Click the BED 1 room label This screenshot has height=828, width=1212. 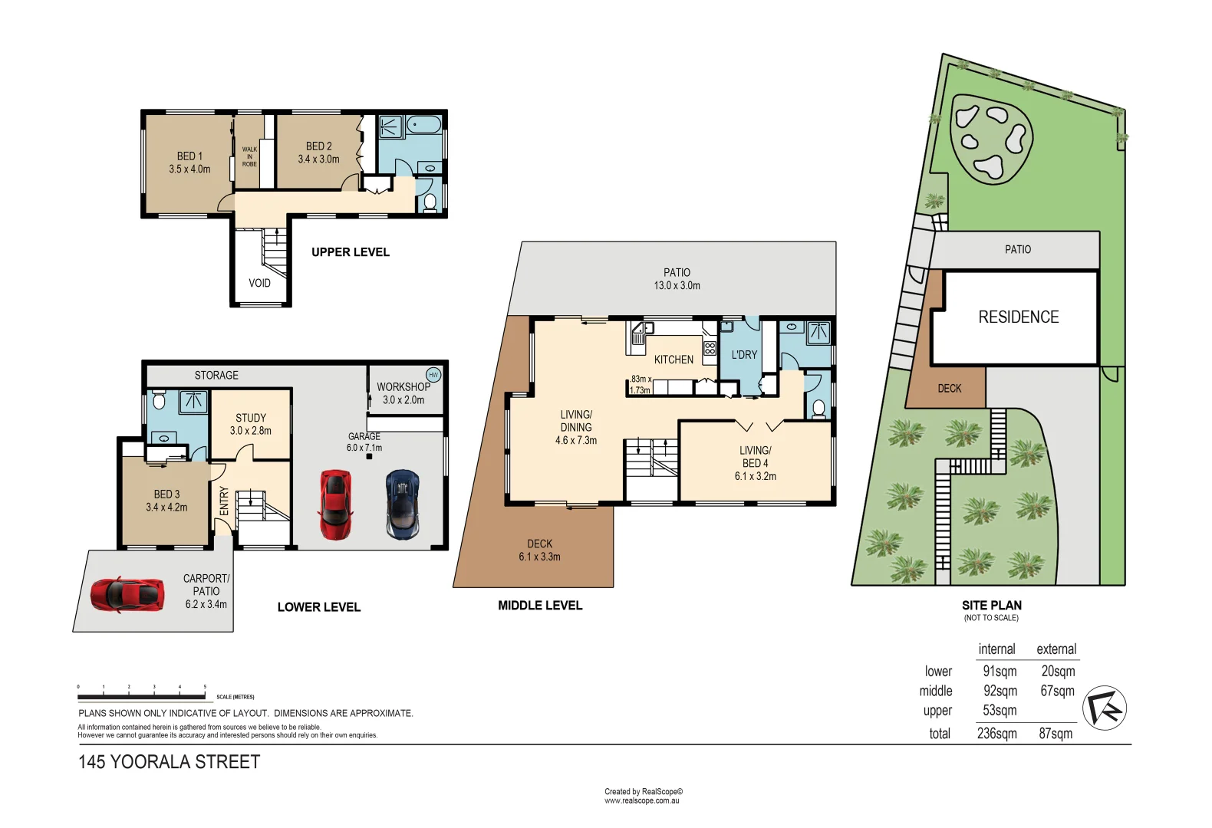(189, 163)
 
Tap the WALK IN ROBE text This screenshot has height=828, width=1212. (249, 156)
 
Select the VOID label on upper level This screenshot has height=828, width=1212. (259, 283)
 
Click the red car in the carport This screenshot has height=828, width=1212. (127, 594)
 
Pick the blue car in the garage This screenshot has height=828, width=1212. (403, 504)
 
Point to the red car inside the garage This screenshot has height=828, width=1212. (336, 504)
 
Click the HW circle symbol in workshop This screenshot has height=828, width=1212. (433, 375)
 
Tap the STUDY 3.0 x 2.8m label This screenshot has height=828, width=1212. (251, 424)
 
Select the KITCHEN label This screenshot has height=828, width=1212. (674, 360)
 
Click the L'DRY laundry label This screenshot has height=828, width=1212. (744, 355)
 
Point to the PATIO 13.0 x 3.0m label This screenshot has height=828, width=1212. (677, 279)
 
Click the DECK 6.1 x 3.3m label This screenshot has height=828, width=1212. (539, 550)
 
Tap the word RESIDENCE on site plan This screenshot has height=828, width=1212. (1018, 317)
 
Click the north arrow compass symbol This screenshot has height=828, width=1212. (1105, 707)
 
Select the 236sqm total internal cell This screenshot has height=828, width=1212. (996, 734)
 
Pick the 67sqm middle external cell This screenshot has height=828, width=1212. (1057, 692)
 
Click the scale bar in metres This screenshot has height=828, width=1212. (142, 696)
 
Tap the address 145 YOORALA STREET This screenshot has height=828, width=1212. (170, 762)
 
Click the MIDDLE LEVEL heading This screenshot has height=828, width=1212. (540, 606)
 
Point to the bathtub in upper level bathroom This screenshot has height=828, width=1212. (423, 126)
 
